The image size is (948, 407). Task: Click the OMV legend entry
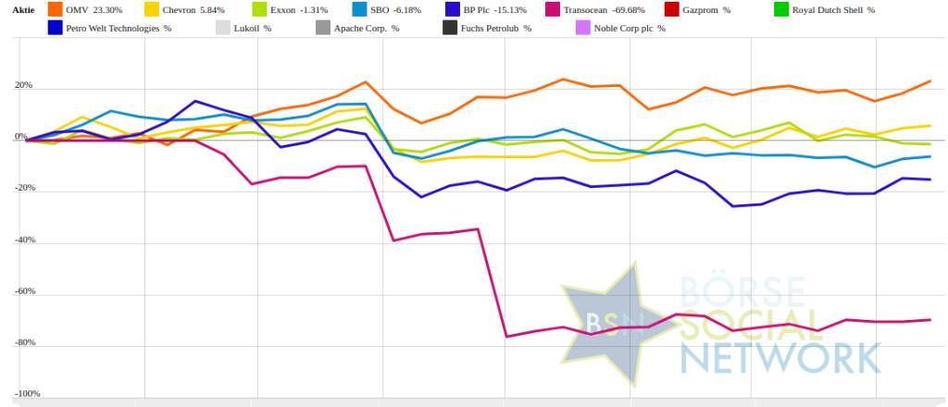tap(87, 10)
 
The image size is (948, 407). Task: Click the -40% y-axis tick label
tap(19, 240)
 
